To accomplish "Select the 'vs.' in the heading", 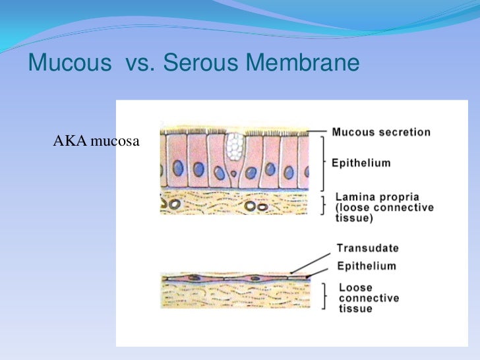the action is (x=138, y=64).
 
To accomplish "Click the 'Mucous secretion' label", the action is (x=381, y=133).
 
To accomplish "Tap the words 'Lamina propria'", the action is (x=376, y=196).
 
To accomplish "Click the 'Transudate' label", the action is (x=367, y=249).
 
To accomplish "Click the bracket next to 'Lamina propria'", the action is (x=322, y=205).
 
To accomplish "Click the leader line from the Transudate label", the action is (x=313, y=260).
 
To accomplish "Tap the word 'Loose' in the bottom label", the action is (x=355, y=287).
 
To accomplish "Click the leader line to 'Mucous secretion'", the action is (x=318, y=131).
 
